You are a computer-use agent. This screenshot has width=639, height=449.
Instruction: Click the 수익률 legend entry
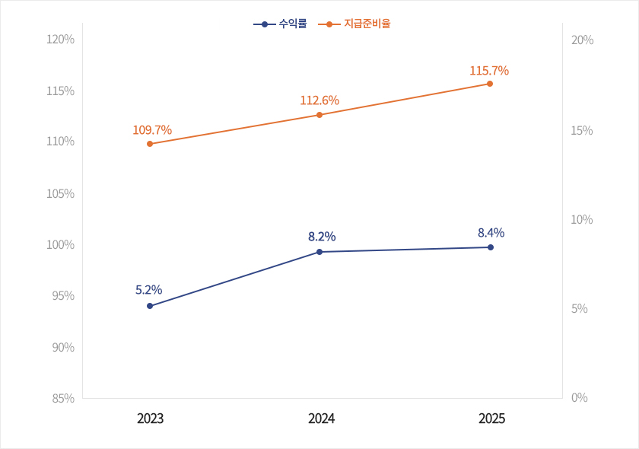click(x=280, y=24)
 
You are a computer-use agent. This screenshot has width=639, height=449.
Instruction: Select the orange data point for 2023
click(x=150, y=144)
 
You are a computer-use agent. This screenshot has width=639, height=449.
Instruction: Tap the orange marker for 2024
click(x=319, y=115)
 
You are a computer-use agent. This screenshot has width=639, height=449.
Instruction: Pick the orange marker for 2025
click(x=490, y=84)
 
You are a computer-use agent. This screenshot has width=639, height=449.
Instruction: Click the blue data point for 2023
click(x=150, y=306)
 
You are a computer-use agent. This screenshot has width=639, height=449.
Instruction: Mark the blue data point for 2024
click(x=319, y=252)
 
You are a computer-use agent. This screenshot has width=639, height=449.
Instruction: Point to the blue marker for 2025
click(x=491, y=247)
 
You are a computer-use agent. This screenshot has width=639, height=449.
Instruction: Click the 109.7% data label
click(x=152, y=130)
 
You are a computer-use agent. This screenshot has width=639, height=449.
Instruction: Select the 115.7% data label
click(x=489, y=71)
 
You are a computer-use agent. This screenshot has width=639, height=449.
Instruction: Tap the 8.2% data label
click(x=322, y=237)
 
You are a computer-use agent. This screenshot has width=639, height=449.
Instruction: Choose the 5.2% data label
click(x=148, y=290)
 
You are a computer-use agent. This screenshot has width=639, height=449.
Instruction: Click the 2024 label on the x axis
click(x=321, y=419)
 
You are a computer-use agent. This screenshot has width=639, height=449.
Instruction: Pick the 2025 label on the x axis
click(x=491, y=419)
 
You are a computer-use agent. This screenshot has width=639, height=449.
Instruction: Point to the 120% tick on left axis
click(x=60, y=40)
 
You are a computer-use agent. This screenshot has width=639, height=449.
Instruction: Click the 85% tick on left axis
click(x=62, y=398)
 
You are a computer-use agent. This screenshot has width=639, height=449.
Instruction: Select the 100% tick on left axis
click(x=60, y=244)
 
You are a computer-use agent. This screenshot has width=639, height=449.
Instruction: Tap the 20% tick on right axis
click(x=582, y=40)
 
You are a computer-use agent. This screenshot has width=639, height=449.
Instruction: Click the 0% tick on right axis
click(x=579, y=398)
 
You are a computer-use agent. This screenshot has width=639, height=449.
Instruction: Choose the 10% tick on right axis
click(x=582, y=220)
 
